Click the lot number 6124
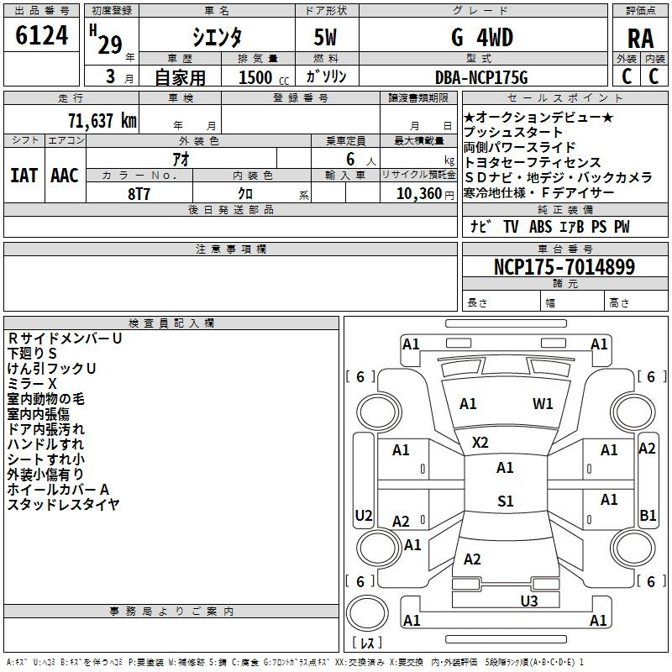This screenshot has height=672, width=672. point(41,35)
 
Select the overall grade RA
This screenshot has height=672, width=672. point(641,39)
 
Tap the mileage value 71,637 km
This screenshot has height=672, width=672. point(102,121)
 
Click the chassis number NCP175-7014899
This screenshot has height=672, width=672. point(564,266)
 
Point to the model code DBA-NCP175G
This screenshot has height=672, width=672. point(481,77)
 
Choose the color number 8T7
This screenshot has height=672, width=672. point(139,194)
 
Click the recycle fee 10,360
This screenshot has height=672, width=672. point(419,194)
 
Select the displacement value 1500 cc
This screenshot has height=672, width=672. point(264,77)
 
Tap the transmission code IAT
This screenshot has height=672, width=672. point(24,176)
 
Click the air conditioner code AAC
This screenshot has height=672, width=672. point(65,176)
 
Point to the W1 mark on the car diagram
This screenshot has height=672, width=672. point(543,403)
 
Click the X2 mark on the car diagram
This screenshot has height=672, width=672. point(480,443)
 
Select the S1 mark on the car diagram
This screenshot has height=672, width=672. point(506,501)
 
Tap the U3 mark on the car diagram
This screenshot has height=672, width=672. point(529,601)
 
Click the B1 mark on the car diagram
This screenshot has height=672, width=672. point(648,515)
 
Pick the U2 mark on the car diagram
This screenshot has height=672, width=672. point(364,515)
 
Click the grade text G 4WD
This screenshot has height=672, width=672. point(482,38)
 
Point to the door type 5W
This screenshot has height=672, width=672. point(325,38)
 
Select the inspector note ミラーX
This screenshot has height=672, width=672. point(32,384)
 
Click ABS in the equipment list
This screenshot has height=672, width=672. point(540,227)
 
